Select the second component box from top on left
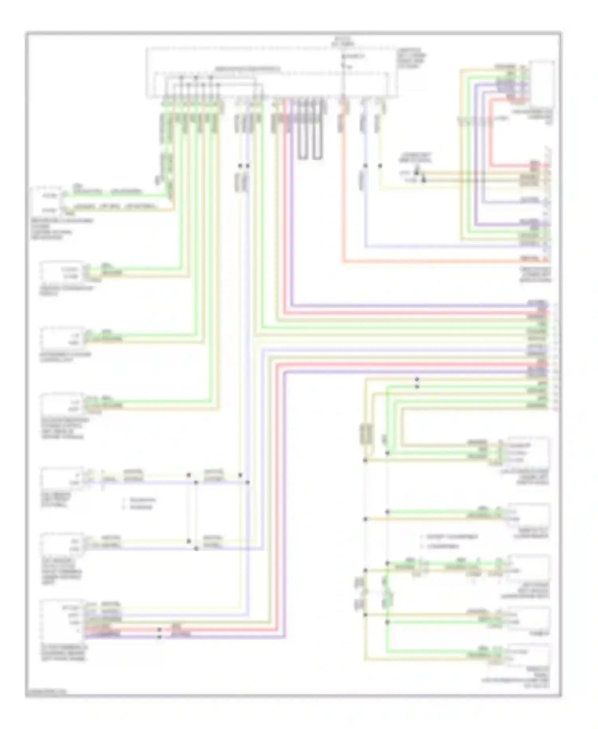[x=62, y=272]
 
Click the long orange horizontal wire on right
[x=439, y=262]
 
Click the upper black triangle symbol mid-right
[x=416, y=173]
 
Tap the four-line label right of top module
[x=411, y=60]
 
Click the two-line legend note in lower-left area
[x=140, y=503]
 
